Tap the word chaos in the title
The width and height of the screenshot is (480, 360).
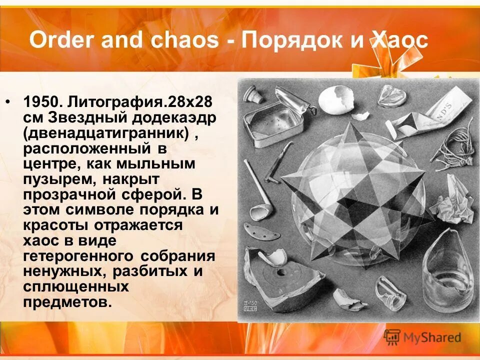pos(189,40)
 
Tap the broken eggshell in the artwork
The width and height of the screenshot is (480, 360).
pos(335,100)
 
